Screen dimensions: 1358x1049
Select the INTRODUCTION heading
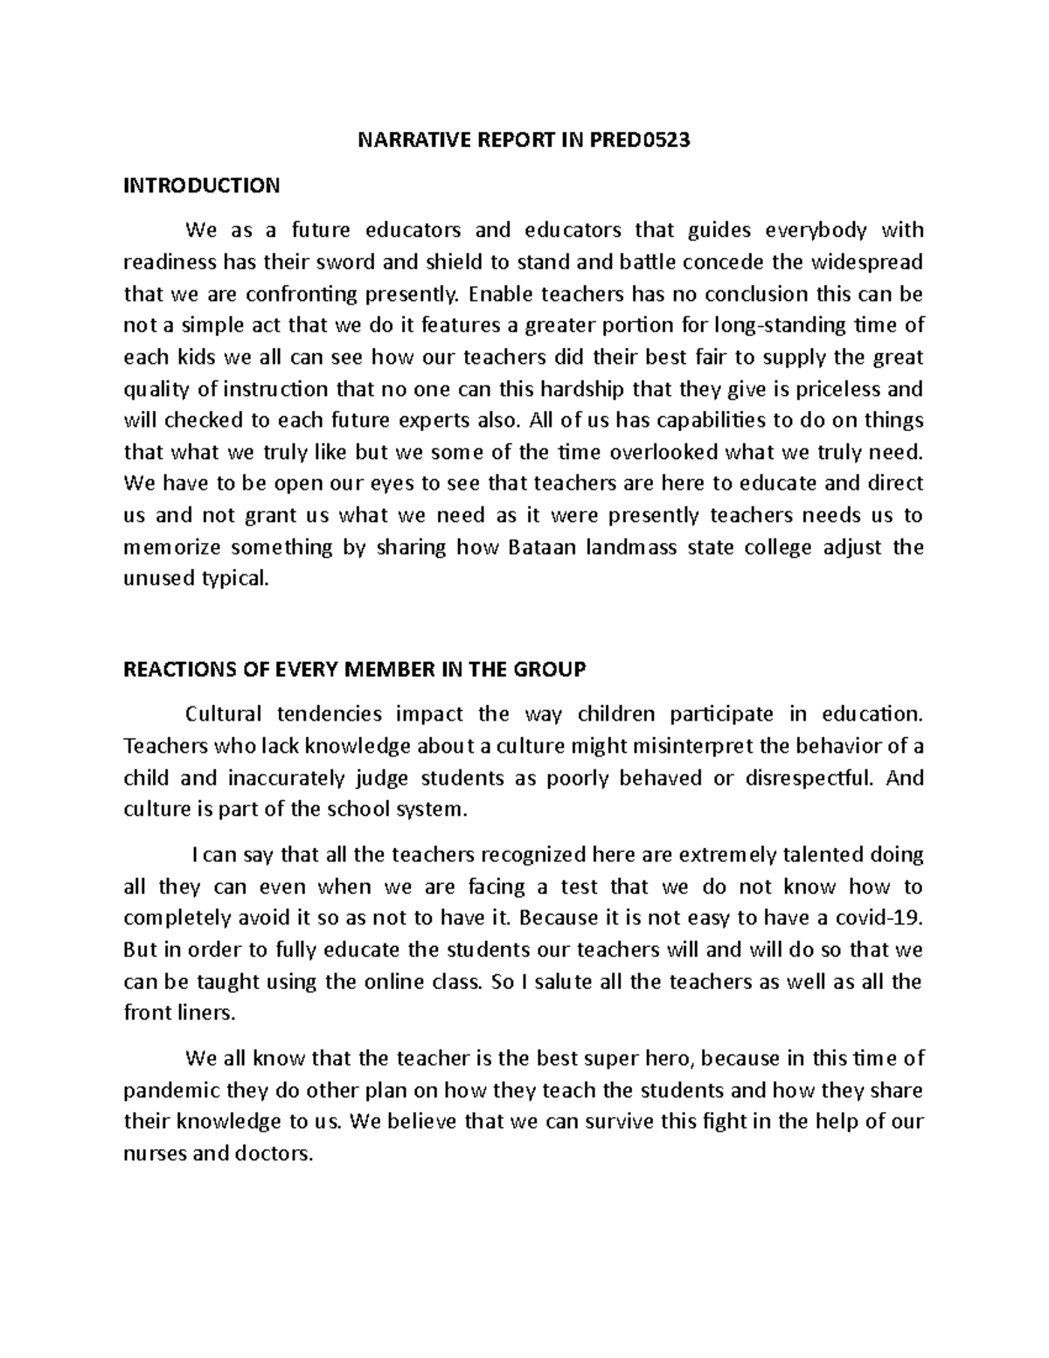pyautogui.click(x=202, y=185)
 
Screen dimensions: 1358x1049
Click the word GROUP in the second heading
pyautogui.click(x=552, y=670)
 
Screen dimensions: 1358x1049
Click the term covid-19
pyautogui.click(x=885, y=917)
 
